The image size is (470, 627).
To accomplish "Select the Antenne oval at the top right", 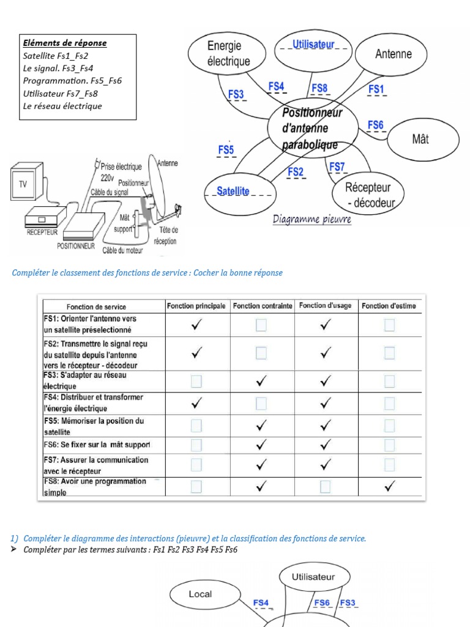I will point(393,54).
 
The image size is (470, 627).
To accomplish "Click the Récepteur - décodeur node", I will point(367,194).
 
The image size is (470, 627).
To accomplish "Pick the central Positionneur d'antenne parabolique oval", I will point(313,129).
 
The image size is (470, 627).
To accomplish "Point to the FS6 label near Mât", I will point(376,126).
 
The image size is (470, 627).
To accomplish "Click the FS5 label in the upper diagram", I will point(226,149).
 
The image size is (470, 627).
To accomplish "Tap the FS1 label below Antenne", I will point(376,89).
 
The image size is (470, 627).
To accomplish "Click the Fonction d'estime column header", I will point(389,306).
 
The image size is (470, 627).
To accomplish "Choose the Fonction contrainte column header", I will point(262,306).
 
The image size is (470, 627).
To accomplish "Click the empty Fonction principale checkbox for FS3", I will point(196,381).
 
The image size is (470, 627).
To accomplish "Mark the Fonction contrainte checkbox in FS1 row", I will point(261,326).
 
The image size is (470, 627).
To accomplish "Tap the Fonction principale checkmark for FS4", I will point(196,403).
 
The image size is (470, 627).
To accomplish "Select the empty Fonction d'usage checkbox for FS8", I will point(326,486).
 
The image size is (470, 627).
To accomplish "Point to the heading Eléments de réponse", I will point(64,43).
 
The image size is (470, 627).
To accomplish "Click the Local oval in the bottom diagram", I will point(200,594).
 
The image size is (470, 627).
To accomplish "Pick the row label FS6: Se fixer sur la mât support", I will point(96,445).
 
